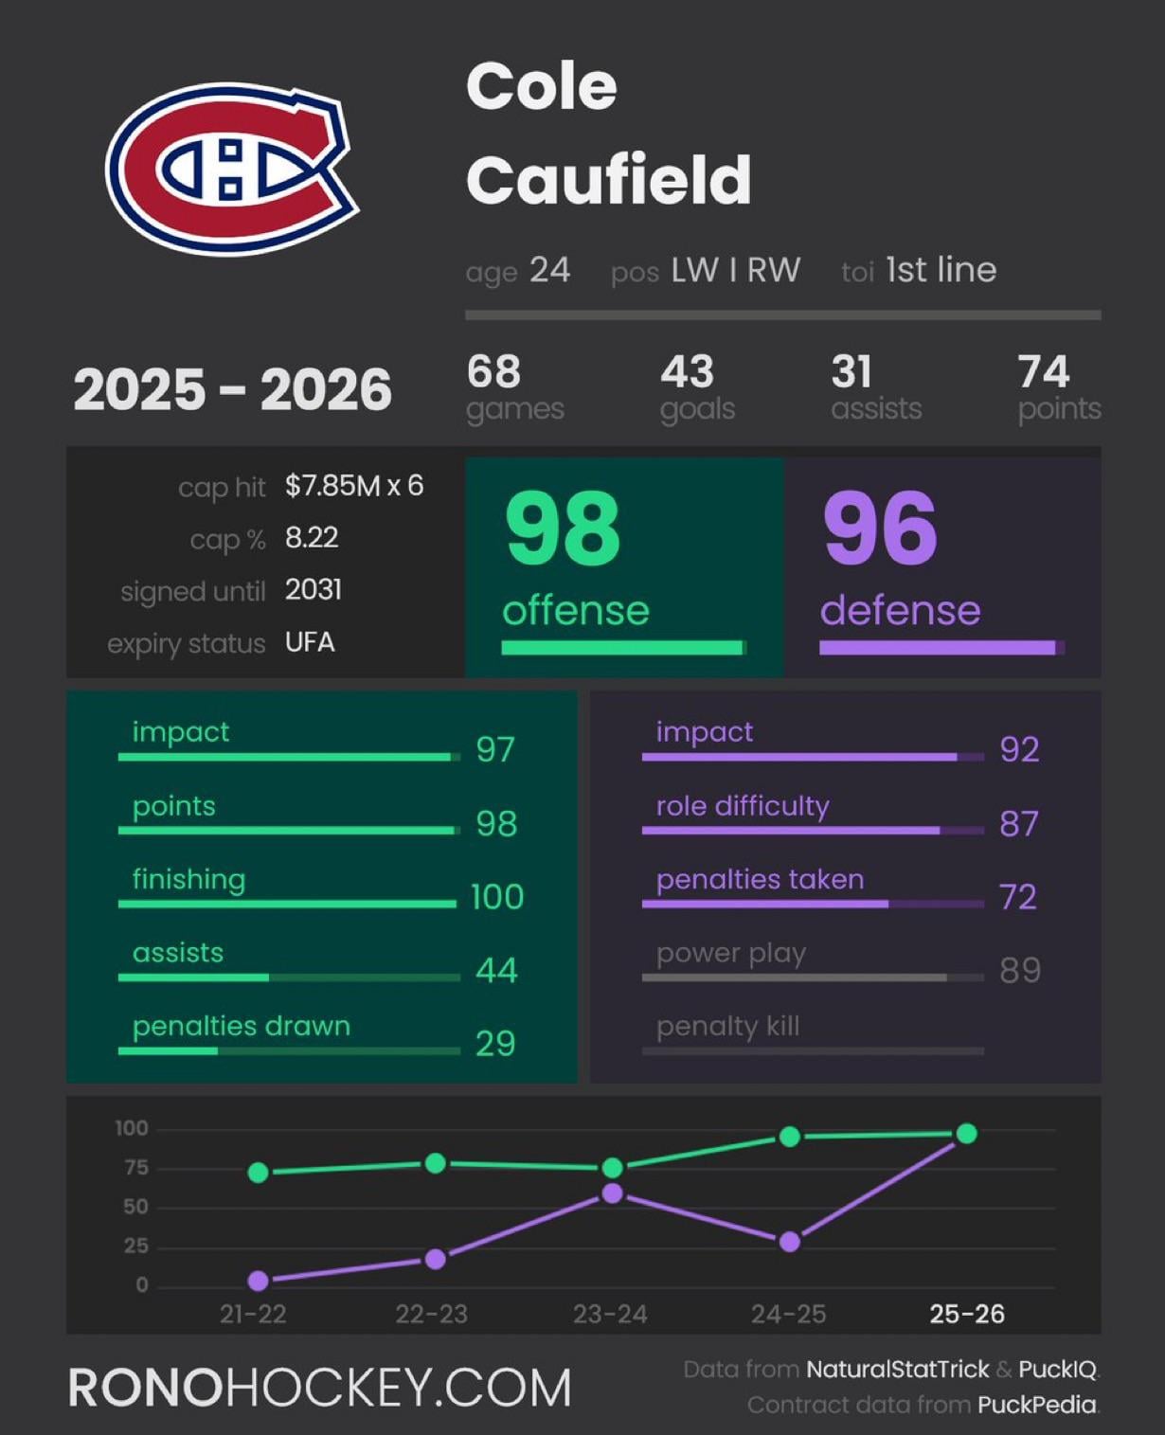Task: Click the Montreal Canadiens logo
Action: (232, 169)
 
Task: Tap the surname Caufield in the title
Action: (608, 179)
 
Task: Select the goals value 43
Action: (687, 371)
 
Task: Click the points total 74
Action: (1043, 371)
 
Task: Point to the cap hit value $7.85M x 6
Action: (354, 486)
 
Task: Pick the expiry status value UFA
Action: (310, 642)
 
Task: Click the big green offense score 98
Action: (563, 528)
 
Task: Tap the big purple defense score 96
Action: (881, 528)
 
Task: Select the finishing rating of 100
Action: (497, 896)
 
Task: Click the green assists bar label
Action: (178, 952)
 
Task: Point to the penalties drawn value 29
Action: (495, 1043)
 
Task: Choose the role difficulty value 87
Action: (1019, 823)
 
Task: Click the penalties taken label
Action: (760, 879)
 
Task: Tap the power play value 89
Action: (1020, 970)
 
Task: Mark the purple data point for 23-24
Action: (612, 1193)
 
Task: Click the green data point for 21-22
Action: (258, 1173)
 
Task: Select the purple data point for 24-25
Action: (789, 1242)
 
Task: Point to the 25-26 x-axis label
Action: (966, 1314)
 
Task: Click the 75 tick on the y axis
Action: (136, 1168)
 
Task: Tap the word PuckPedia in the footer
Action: (1036, 1404)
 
